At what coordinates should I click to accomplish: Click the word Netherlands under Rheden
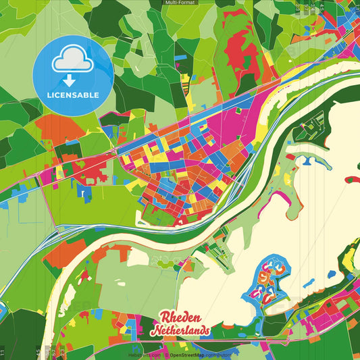tap(180, 332)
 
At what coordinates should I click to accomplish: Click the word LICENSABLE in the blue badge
tap(73, 95)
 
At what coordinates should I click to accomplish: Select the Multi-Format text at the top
tap(180, 3)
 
